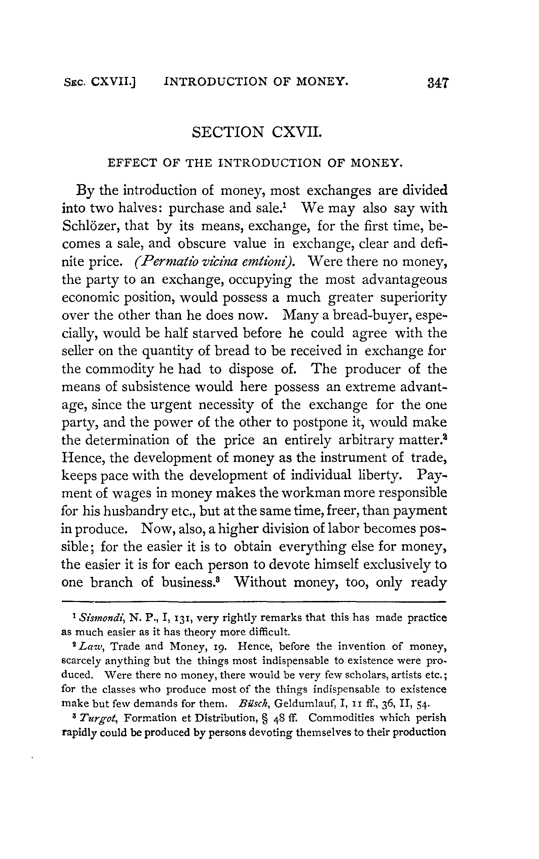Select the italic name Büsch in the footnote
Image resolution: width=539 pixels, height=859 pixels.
pos(251,704)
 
